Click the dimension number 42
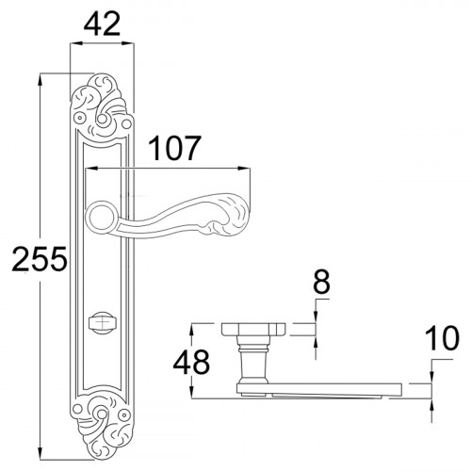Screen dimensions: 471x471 click(102, 24)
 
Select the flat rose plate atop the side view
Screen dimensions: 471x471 click(252, 329)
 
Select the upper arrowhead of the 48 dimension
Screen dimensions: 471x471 click(192, 326)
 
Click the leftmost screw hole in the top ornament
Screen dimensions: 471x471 click(80, 117)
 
